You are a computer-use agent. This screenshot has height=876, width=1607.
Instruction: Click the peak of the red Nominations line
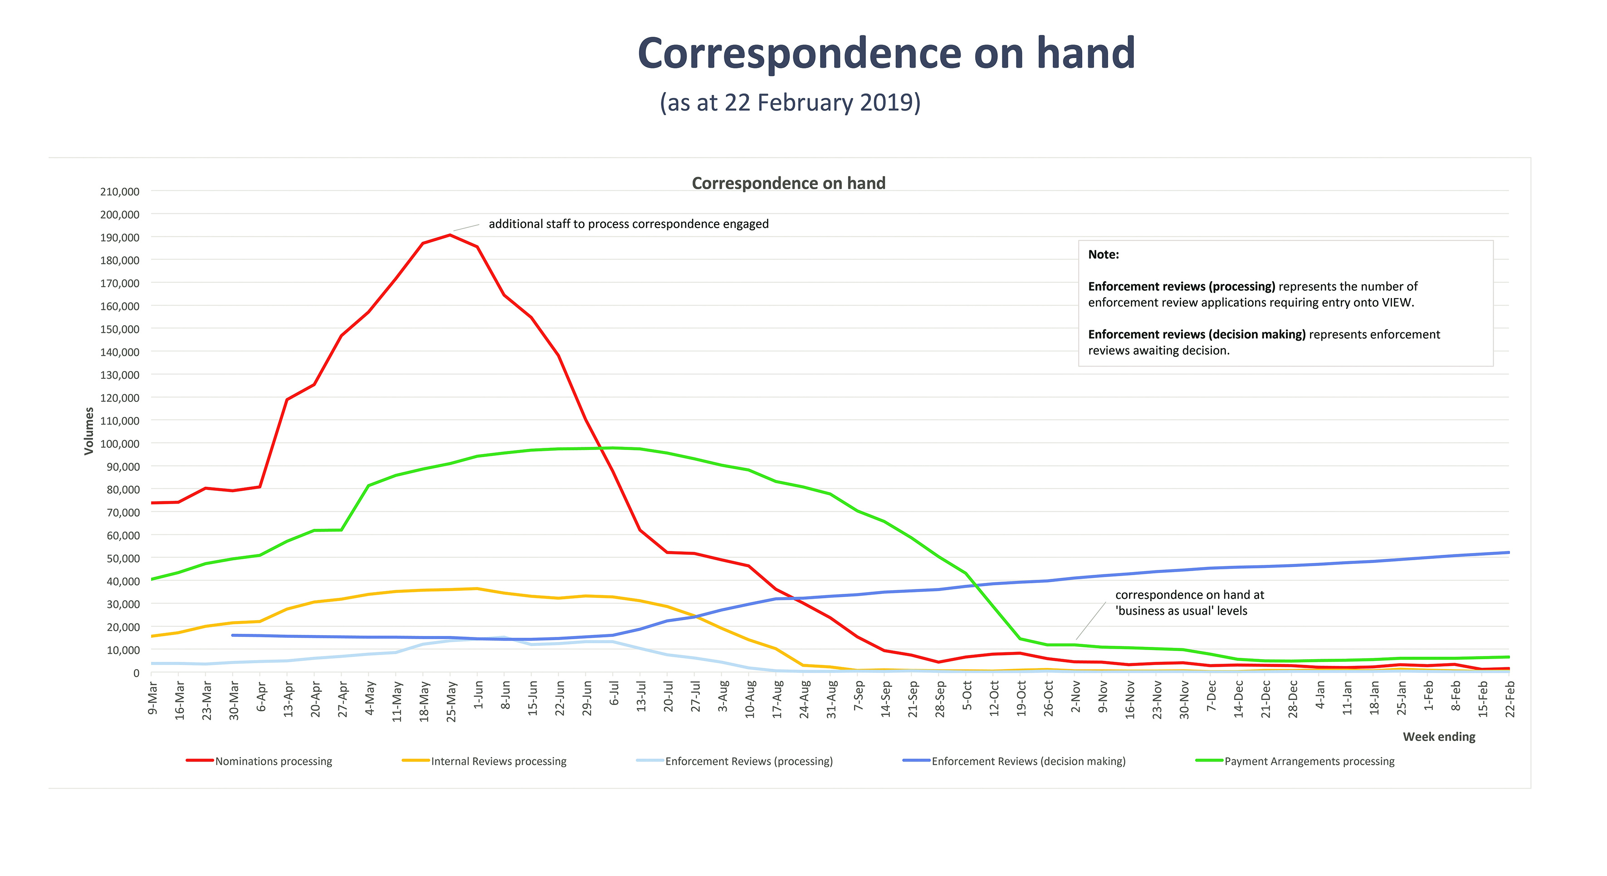[x=450, y=235]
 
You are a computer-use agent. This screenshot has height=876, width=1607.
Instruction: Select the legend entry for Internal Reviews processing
[x=498, y=761]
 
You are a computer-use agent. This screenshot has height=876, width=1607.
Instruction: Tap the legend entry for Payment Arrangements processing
[x=1309, y=761]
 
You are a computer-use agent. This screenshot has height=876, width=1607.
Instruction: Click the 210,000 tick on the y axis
[x=120, y=191]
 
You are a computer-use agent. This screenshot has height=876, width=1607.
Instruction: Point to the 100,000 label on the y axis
[x=120, y=444]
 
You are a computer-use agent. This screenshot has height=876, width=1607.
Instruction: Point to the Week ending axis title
[x=1439, y=737]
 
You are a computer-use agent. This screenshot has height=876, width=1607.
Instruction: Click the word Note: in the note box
[x=1103, y=254]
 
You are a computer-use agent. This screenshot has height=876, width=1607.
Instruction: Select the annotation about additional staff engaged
[x=628, y=224]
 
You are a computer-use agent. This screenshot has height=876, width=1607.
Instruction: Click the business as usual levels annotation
[x=1188, y=603]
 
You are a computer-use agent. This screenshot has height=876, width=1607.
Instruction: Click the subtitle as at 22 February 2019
[x=790, y=103]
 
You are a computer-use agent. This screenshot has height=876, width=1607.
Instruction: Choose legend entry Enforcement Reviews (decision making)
[x=1028, y=761]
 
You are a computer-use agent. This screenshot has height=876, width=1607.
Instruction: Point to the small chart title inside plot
[x=788, y=183]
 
